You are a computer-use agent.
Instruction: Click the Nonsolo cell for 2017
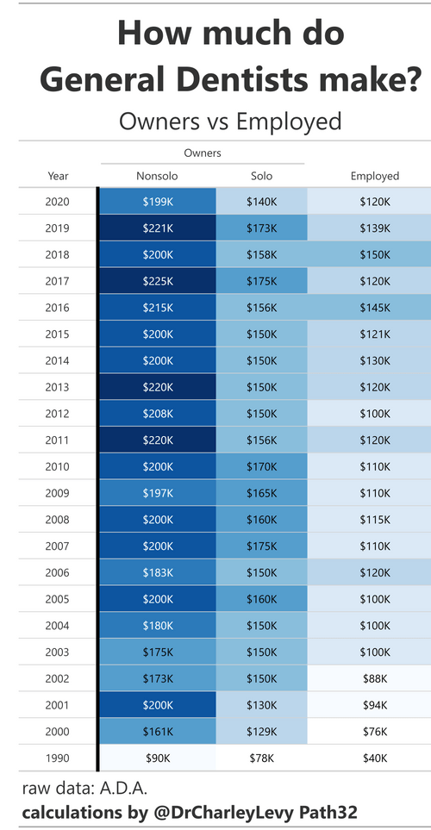158,281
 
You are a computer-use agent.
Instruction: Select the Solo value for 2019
262,228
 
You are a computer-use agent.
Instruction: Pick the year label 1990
58,758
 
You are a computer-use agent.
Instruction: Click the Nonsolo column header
158,176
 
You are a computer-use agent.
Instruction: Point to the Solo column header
262,176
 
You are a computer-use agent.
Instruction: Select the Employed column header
375,176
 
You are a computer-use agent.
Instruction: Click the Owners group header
203,153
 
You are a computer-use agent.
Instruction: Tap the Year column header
58,176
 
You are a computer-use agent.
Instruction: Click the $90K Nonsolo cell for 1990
158,758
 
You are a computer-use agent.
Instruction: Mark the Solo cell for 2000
262,731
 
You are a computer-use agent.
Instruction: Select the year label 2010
58,466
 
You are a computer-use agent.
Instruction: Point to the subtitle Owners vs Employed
230,121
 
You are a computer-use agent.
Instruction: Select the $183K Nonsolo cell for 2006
158,572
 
